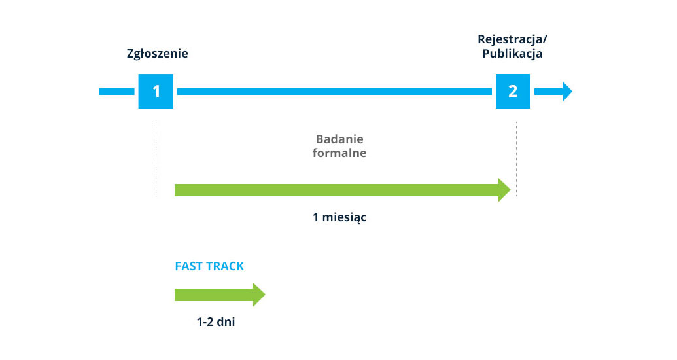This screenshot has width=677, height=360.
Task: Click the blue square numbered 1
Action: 156,91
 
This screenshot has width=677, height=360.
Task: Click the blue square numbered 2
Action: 513,91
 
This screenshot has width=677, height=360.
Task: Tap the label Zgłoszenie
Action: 157,54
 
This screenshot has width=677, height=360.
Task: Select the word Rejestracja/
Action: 512,40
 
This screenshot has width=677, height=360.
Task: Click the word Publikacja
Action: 512,54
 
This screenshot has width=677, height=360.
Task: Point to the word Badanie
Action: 339,139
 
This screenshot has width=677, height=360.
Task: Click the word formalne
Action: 339,153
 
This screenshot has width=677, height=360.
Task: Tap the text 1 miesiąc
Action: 339,217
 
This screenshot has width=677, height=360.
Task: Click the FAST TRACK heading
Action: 209,266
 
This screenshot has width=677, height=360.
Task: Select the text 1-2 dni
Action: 216,322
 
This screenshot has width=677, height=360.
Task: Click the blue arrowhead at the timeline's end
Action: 567,91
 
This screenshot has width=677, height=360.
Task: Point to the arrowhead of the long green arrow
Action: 504,190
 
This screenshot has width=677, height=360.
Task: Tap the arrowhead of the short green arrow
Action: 259,295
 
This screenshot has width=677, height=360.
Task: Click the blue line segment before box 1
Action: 117,91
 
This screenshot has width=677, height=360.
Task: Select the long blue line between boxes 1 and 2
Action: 334,91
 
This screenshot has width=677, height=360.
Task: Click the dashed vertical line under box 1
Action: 156,160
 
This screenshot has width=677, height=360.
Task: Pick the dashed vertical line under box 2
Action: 516,160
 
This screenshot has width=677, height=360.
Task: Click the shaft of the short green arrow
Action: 214,295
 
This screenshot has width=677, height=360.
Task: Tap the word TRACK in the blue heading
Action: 224,266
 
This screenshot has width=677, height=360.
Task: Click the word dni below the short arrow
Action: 226,322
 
